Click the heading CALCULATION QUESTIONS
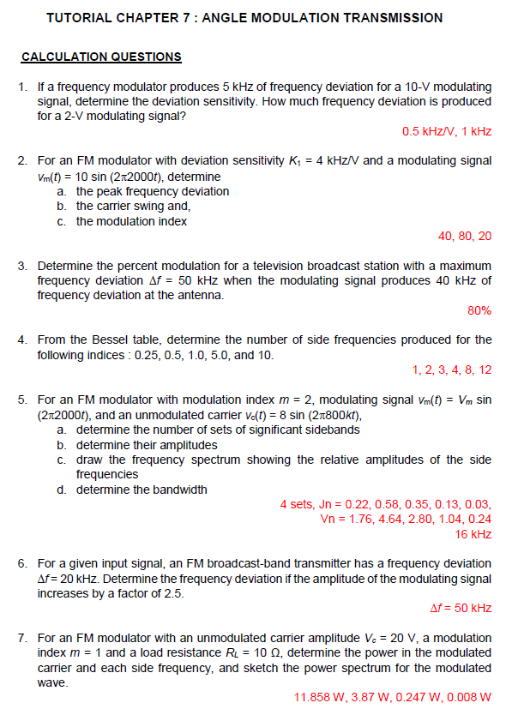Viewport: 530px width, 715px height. click(101, 57)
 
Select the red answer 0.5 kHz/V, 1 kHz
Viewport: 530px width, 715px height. click(446, 131)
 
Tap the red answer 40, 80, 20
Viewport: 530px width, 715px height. click(465, 236)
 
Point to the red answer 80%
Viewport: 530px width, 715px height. click(479, 310)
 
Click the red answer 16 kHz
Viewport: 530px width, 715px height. click(473, 534)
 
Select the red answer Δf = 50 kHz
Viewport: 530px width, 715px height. click(460, 608)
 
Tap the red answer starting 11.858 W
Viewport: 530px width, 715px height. click(393, 697)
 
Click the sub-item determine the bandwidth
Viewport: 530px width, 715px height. click(142, 490)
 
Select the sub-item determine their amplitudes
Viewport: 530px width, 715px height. click(147, 445)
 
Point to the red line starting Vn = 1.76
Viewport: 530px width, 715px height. click(405, 519)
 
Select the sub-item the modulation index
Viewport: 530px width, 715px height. click(131, 221)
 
